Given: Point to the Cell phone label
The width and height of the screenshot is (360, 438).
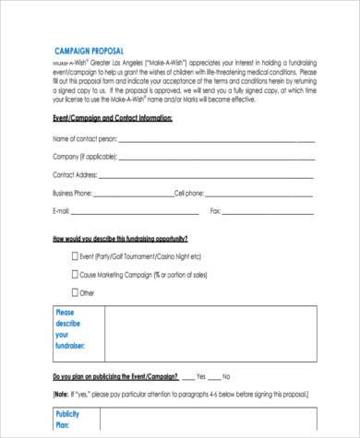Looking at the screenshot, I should pos(189,193).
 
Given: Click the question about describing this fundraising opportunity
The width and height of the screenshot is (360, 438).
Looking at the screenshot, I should pos(120,239).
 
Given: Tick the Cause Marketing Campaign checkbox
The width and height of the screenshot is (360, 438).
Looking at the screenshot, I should pos(75,274).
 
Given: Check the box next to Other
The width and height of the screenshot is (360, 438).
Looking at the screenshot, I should pos(75,292).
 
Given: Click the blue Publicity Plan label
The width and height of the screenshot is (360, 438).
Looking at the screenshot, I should pos(68,420).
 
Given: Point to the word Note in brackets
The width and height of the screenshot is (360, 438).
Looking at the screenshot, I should pos(62,393).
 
